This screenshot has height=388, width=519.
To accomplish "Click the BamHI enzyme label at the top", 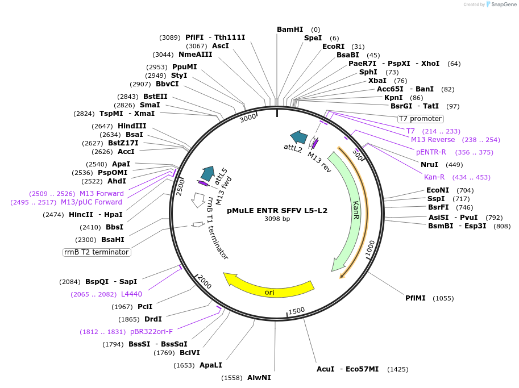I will point(290,30).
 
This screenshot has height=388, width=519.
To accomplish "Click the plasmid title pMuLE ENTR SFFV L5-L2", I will point(277,210).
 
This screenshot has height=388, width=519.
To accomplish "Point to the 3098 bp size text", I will point(277,219).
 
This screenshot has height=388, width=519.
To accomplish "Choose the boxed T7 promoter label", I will point(420,119).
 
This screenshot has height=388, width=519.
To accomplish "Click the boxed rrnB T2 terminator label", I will point(97,252).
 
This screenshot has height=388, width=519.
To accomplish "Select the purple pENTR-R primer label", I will point(431,152).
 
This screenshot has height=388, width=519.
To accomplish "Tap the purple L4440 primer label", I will point(131,294).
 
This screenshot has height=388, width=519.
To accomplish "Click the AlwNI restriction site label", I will point(259,378).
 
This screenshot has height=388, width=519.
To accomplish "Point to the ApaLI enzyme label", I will point(210,365).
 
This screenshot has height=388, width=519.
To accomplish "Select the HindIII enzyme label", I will point(132,126).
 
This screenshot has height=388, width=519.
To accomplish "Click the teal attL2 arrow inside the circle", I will point(298,137).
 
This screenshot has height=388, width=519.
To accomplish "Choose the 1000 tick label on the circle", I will point(370,248).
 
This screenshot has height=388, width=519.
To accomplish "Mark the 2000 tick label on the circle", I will point(204,282).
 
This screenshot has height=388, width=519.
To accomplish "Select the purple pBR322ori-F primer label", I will point(151,332).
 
